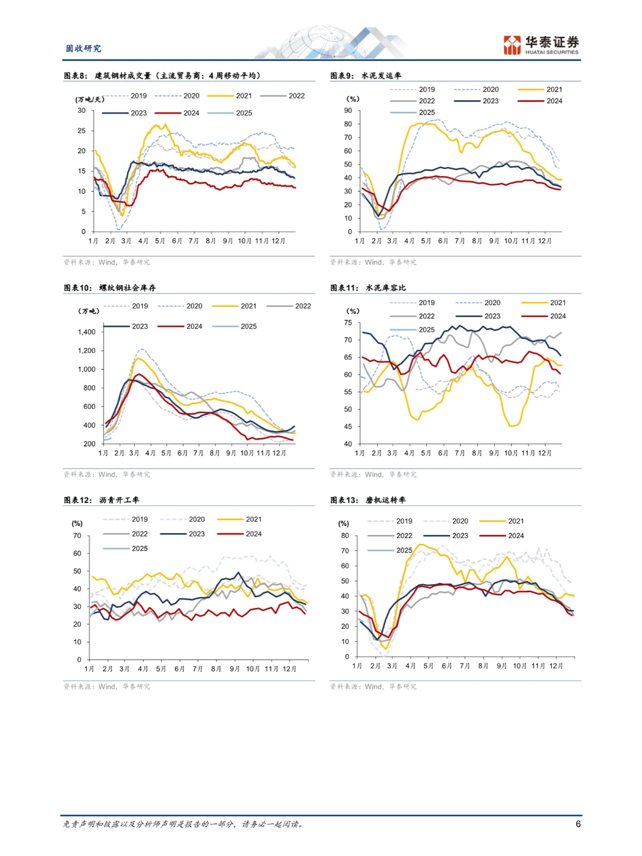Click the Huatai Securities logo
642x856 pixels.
point(541,45)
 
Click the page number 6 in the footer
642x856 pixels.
point(578,824)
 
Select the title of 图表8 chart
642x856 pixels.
point(162,75)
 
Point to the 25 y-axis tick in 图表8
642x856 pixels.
point(81,131)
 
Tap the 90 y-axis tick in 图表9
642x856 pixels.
point(348,111)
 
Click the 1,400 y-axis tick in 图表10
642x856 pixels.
point(87,332)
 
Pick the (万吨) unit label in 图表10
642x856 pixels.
point(89,311)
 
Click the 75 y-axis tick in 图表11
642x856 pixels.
point(348,323)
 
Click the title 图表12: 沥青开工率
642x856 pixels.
point(102,500)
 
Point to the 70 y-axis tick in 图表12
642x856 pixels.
point(77,536)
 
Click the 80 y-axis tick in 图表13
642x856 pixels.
point(345,536)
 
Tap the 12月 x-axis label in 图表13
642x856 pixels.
point(556,666)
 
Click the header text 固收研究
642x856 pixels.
point(83,48)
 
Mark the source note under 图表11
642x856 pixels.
point(373,474)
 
